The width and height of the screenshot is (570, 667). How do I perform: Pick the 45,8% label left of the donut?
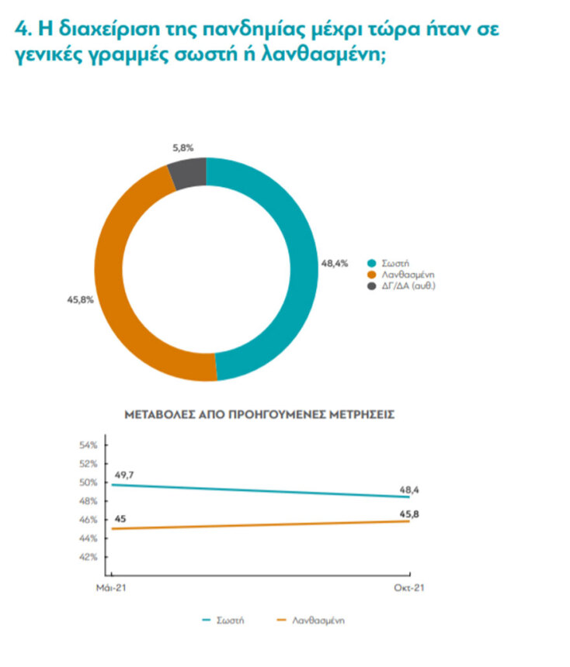point(81,298)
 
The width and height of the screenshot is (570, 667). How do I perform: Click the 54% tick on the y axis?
point(88,445)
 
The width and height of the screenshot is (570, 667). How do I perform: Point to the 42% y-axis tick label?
point(88,557)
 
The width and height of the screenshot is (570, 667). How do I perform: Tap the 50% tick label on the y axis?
point(88,482)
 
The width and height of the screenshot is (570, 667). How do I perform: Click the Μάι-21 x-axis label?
point(111,589)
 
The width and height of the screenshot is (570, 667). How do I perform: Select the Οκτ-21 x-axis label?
point(408,589)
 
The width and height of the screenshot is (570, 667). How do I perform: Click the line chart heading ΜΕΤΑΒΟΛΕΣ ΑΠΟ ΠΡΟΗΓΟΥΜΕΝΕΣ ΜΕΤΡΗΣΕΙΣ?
point(259,415)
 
